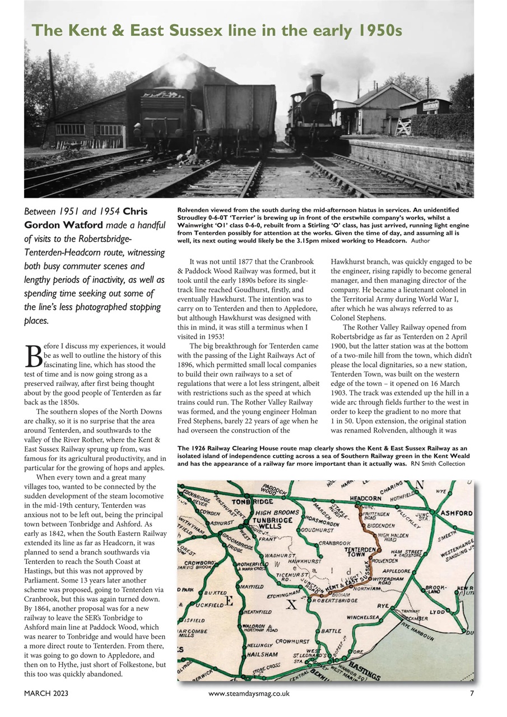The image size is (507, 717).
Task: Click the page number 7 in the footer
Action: [x=472, y=693]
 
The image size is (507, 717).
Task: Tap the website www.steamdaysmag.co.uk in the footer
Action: [x=248, y=693]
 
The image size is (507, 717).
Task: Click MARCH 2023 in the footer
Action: [x=46, y=693]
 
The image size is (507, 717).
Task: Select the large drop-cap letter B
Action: [x=34, y=352]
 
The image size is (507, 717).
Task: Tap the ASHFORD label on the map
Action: [x=457, y=513]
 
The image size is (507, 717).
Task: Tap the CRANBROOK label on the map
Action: [x=334, y=543]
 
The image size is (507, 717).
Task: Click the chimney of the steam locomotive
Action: [x=317, y=82]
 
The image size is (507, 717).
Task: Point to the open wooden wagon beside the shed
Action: [x=239, y=115]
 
